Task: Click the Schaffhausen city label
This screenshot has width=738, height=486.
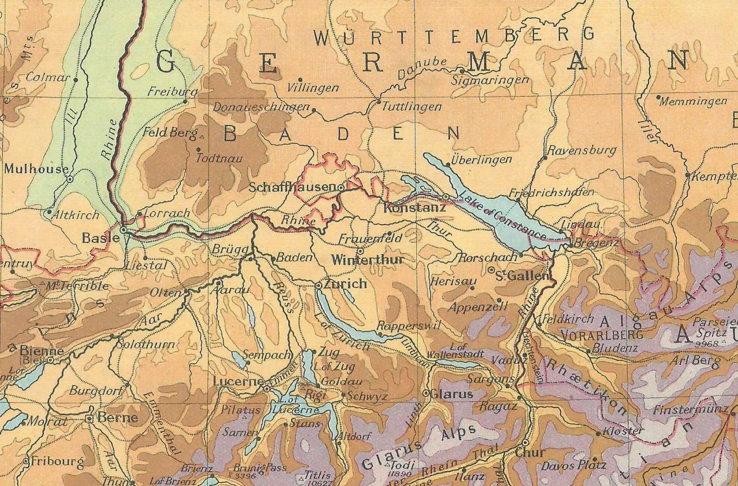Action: coord(292,188)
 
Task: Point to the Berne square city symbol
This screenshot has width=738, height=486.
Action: coord(90,418)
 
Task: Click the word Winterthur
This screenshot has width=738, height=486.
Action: coord(368,260)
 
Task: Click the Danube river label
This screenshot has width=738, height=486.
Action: coord(422,68)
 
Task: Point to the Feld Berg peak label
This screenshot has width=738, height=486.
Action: coord(169,132)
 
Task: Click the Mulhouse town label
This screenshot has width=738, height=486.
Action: coord(36,169)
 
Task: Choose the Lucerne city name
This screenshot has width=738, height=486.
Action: coord(238,382)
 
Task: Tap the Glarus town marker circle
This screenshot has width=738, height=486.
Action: coord(426,393)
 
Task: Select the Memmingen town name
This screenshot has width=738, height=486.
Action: coord(693,101)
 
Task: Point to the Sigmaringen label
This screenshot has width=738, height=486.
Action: coord(490,80)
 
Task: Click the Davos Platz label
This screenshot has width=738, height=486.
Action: coord(574,465)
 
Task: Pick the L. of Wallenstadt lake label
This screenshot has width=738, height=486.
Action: coord(455,351)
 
